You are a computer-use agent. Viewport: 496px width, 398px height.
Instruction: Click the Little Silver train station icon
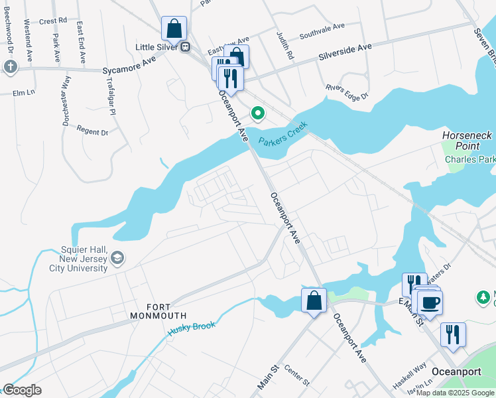(x=186, y=47)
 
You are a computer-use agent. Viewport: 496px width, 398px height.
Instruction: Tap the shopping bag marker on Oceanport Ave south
(x=314, y=301)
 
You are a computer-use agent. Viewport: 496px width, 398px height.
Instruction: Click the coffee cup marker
(x=430, y=303)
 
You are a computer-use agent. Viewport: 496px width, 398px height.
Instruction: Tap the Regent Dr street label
(x=92, y=131)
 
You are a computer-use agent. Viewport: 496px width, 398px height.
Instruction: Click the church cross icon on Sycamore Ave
(x=10, y=66)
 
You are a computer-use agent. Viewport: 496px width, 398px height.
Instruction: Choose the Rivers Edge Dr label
(x=346, y=92)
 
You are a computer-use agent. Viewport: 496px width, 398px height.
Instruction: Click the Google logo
(x=22, y=390)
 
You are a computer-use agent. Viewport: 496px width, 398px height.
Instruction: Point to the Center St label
(x=297, y=375)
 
